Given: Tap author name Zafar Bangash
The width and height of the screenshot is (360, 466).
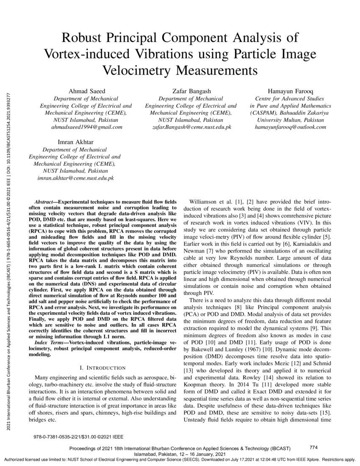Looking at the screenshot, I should [191, 91].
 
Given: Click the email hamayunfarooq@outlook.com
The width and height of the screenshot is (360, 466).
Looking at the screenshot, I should [291, 127].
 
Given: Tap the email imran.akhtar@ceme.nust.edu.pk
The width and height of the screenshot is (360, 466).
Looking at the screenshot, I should [76, 179].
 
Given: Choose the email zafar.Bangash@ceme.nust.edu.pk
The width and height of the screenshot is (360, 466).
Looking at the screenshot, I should [191, 127].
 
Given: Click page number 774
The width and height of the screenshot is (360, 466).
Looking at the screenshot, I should [314, 447].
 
